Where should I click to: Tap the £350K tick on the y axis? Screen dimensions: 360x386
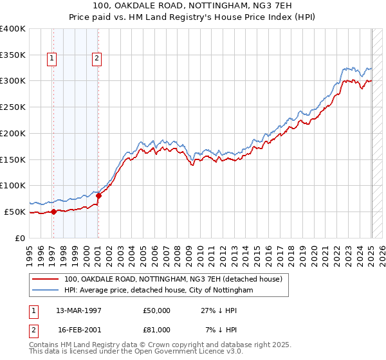click(x=13, y=55)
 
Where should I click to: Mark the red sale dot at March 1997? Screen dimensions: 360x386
click(x=54, y=212)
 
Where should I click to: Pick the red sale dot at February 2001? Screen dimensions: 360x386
click(x=98, y=195)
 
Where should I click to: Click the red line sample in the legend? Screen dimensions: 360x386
click(x=45, y=280)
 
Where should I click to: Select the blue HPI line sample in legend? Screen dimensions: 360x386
click(x=45, y=291)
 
